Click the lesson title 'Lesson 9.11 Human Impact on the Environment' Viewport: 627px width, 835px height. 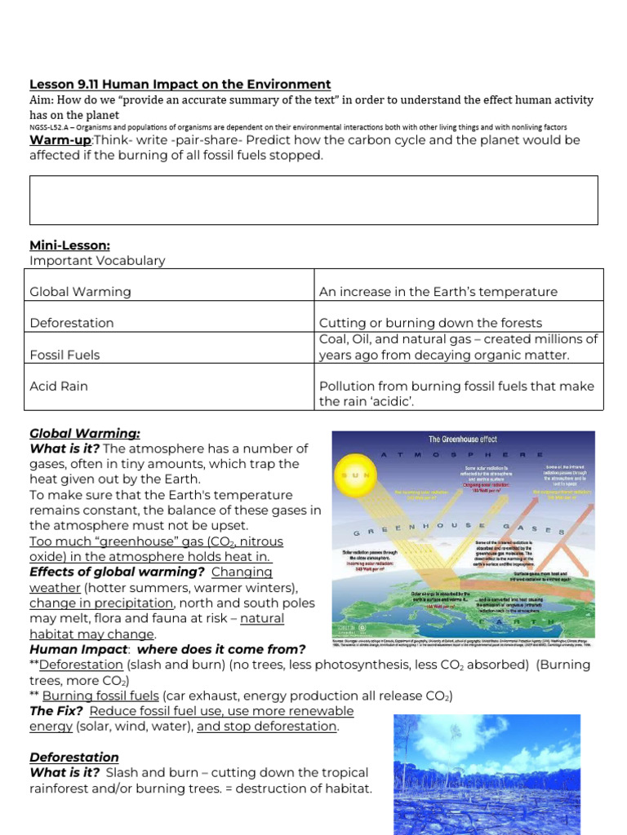click(180, 84)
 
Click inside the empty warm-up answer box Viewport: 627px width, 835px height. click(313, 200)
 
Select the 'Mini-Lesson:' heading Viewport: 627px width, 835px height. click(69, 245)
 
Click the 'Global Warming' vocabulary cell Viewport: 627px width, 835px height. click(80, 292)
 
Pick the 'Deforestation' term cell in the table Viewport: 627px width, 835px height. click(72, 323)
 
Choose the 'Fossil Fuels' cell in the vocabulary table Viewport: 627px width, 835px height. click(64, 356)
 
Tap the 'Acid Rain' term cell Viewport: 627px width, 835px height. click(58, 387)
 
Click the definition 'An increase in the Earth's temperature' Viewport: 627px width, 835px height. click(438, 292)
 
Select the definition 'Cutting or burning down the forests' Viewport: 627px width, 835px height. click(430, 323)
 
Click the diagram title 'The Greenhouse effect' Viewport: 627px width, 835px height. click(463, 439)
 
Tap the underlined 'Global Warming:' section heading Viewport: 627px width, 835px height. click(85, 434)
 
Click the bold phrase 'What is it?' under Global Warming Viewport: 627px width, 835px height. click(64, 449)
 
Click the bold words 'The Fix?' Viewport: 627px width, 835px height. click(56, 711)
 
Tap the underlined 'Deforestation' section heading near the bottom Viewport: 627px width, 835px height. click(74, 758)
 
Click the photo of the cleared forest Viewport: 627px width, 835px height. click(487, 774)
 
